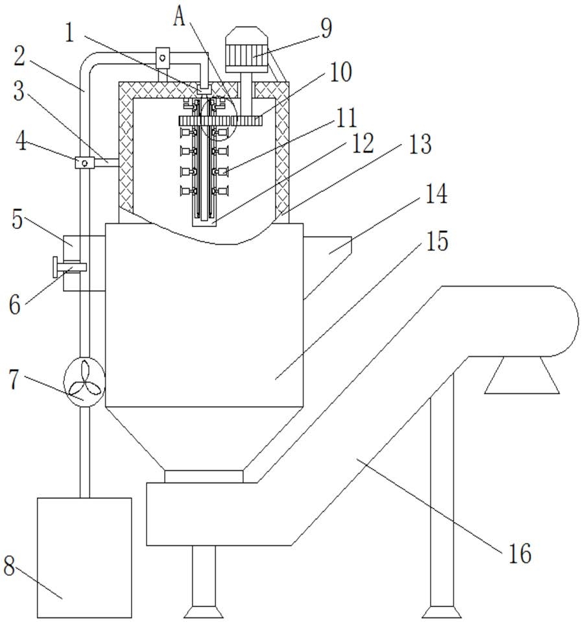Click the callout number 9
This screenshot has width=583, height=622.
click(326, 29)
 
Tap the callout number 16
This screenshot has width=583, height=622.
click(519, 553)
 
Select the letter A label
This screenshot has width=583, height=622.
click(179, 18)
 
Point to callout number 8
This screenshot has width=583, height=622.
click(9, 566)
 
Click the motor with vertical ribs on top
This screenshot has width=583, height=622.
click(246, 49)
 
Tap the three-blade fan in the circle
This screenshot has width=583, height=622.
click(84, 381)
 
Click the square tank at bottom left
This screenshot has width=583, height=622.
click(84, 558)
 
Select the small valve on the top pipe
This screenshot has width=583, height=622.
click(162, 58)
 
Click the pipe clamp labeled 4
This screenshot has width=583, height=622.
click(84, 162)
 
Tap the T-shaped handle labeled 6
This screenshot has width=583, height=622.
click(69, 267)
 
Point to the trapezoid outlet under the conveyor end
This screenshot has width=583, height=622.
click(521, 375)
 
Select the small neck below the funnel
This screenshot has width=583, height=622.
click(204, 477)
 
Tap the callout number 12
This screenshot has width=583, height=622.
click(363, 143)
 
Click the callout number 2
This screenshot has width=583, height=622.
click(19, 56)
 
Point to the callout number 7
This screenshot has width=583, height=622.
click(14, 379)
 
